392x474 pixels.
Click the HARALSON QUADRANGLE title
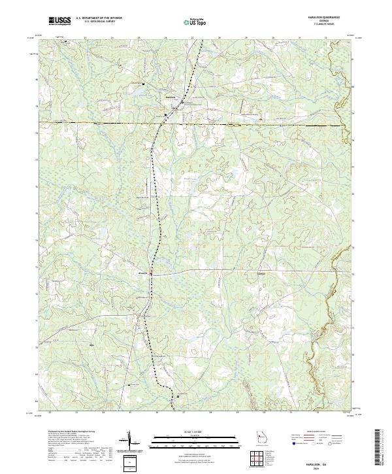point(316,18)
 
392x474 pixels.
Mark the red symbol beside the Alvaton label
point(152,273)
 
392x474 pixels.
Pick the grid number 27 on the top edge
point(193,39)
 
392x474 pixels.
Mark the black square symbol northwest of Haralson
point(144,84)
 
